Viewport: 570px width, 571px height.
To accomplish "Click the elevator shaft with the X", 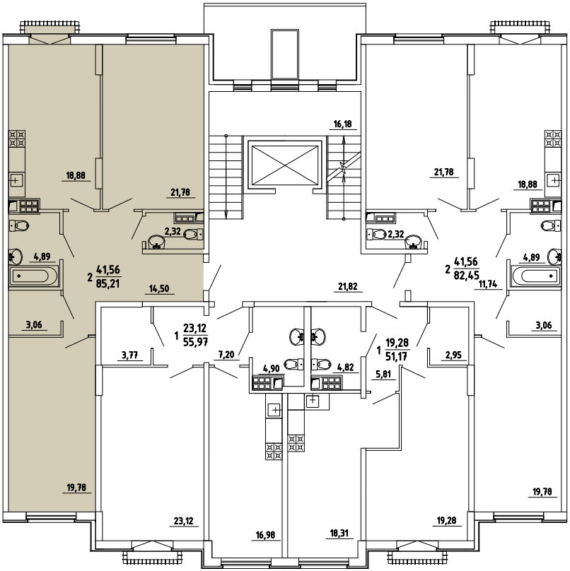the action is click(x=285, y=165).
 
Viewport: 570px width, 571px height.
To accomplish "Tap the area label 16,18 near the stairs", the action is click(x=343, y=124).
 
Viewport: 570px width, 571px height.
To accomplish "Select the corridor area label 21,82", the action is click(x=348, y=287).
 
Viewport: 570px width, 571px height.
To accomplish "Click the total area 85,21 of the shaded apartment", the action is click(x=108, y=283).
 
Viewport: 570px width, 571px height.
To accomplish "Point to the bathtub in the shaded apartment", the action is click(x=33, y=276).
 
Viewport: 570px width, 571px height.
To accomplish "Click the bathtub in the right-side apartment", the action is click(x=536, y=276).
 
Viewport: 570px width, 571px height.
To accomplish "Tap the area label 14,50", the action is click(x=159, y=288).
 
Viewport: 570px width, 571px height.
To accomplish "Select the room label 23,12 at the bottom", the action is click(x=184, y=521).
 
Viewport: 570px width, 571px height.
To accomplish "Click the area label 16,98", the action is click(x=266, y=535).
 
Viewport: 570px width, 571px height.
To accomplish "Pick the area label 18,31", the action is click(x=339, y=534).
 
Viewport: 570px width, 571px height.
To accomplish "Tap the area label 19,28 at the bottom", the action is click(x=446, y=521).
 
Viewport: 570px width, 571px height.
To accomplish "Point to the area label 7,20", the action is click(x=226, y=354).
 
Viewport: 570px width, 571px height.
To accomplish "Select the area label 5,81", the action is click(x=383, y=375).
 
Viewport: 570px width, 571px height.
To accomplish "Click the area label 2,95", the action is click(x=453, y=355).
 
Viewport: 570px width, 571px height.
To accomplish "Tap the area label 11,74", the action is click(x=488, y=284).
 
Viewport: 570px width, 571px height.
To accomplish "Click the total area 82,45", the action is click(x=467, y=275).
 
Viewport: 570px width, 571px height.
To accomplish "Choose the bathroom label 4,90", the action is click(x=271, y=368).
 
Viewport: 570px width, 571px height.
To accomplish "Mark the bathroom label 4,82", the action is click(x=346, y=367).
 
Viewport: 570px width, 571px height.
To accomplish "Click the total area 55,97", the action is click(x=195, y=342).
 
